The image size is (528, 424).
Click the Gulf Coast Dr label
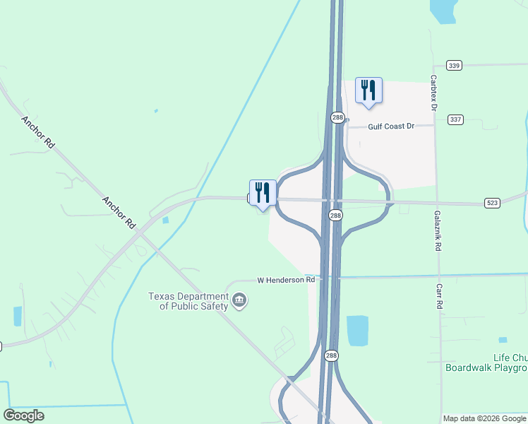(390, 126)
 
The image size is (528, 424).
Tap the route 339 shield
(454, 66)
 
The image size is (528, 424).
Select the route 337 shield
(455, 119)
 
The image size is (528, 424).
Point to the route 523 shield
(492, 203)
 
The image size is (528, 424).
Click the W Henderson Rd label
(286, 280)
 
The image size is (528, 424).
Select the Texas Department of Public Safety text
(188, 301)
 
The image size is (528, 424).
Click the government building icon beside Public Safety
(239, 301)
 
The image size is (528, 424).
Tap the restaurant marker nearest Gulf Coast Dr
(368, 90)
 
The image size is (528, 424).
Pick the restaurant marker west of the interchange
(263, 193)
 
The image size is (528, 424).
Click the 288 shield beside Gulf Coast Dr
(338, 118)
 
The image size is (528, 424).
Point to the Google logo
(24, 416)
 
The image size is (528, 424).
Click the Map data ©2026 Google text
(484, 418)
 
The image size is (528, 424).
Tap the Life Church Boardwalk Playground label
(486, 363)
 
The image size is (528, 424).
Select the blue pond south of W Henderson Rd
(357, 331)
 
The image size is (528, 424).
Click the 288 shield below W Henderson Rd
(330, 357)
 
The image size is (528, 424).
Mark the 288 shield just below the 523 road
(336, 216)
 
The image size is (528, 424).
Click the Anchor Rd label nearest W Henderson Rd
(119, 212)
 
